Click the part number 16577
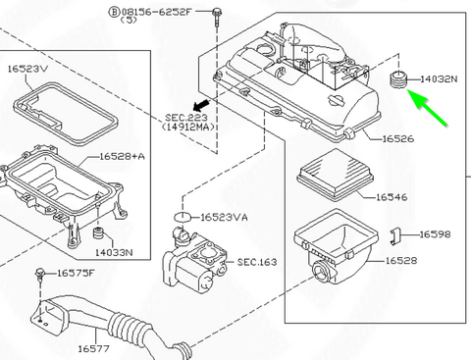coord(94,348)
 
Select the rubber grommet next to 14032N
coord(397,79)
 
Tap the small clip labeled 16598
coord(399,235)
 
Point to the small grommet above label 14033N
coord(98,235)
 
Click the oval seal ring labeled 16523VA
coord(183,216)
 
